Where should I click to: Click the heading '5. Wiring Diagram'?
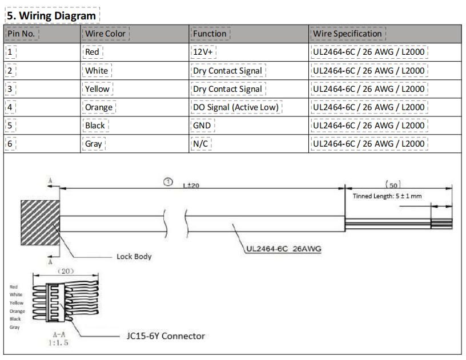click(x=51, y=15)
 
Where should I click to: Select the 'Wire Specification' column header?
click(x=347, y=34)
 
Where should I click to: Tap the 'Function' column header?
click(x=210, y=34)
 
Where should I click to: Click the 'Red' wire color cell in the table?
click(x=92, y=52)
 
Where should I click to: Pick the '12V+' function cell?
click(x=203, y=52)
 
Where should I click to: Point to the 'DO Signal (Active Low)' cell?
click(x=236, y=107)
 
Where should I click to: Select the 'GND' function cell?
click(x=202, y=126)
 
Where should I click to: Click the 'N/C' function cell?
click(x=200, y=144)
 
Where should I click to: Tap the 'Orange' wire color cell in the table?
click(x=99, y=107)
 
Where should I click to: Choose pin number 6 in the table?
click(x=10, y=144)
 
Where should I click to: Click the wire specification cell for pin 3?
click(x=368, y=89)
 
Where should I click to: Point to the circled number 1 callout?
click(x=168, y=181)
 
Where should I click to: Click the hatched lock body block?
click(x=40, y=223)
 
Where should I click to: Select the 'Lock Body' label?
click(x=134, y=256)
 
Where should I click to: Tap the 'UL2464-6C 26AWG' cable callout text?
click(x=283, y=249)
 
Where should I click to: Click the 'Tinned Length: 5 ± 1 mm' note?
click(x=387, y=196)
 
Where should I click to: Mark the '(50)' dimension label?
click(x=393, y=185)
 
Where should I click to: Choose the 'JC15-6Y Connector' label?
click(x=166, y=336)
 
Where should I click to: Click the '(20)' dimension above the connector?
click(x=65, y=271)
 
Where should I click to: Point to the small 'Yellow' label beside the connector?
click(x=17, y=303)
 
